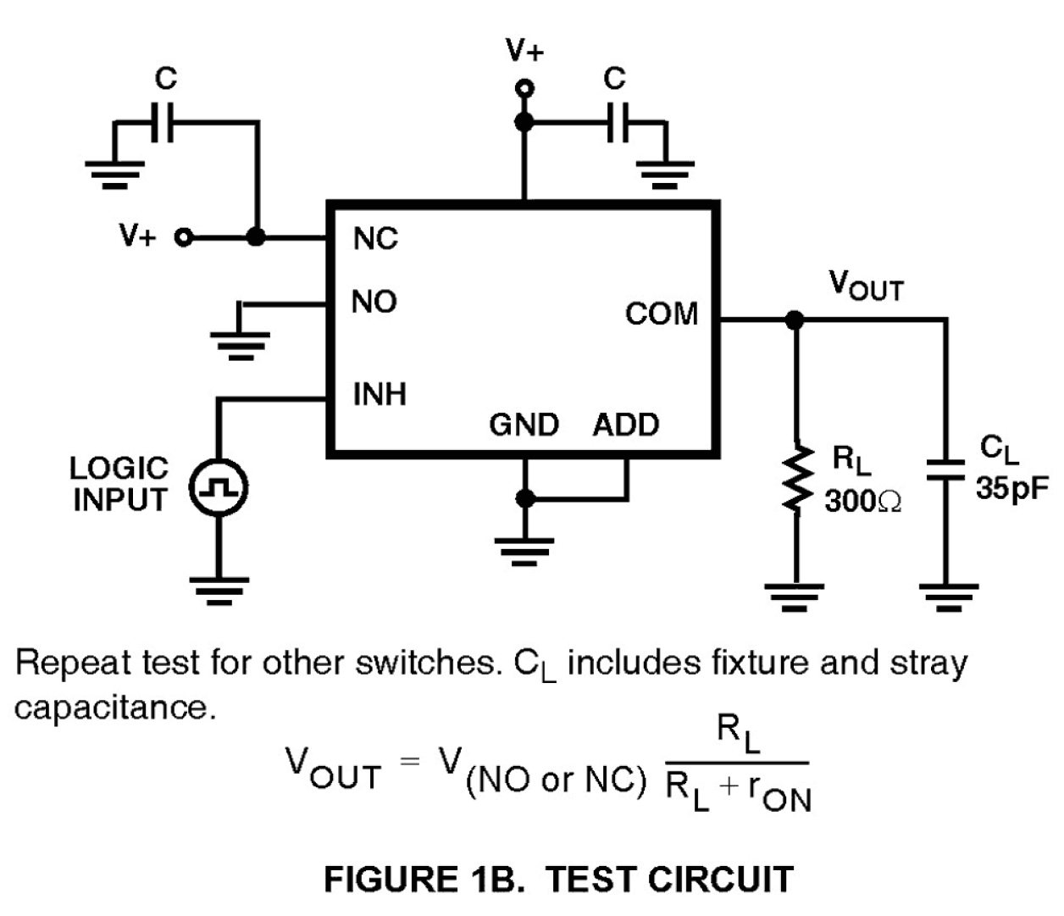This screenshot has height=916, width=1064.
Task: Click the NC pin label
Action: pos(374,239)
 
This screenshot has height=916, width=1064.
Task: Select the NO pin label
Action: pos(374,302)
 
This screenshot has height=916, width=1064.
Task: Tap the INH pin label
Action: pos(379,394)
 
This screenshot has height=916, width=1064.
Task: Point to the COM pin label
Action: pos(661,314)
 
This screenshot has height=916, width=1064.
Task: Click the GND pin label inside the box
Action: pos(524,425)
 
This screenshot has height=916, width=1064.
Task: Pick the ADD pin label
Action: pos(625,425)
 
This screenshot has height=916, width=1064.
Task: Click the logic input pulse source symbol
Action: pos(218,487)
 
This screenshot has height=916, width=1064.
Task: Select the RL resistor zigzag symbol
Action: pos(794,480)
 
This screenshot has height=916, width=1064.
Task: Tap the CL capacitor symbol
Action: pos(945,469)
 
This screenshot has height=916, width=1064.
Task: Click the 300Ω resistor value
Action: pos(862,502)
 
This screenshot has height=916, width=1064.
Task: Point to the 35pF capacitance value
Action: pos(1011,489)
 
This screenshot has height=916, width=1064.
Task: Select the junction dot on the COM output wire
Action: pos(794,319)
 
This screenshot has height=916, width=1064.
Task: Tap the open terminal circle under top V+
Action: pos(524,88)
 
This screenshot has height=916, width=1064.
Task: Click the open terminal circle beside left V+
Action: pos(182,237)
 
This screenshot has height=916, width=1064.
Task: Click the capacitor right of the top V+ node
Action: pos(618,122)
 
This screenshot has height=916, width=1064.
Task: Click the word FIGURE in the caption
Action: pos(391,879)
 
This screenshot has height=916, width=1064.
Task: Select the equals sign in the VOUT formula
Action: pos(409,761)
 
